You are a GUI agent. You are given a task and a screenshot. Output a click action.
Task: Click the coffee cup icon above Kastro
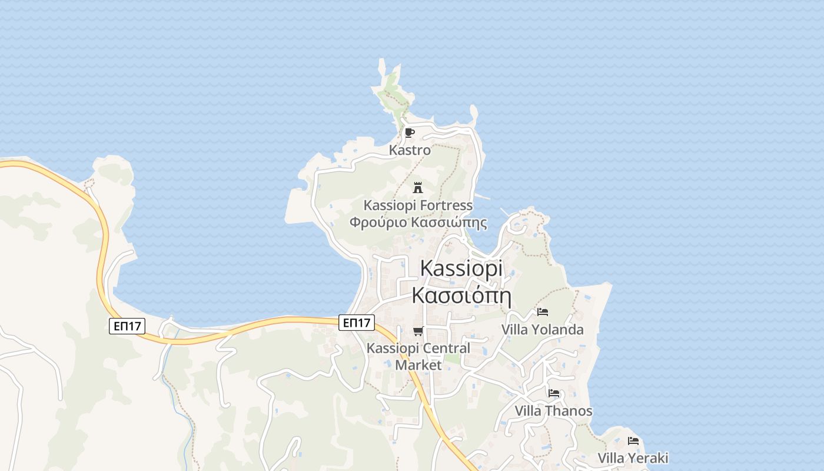(410, 132)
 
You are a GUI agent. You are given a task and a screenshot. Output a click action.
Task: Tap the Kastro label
(410, 150)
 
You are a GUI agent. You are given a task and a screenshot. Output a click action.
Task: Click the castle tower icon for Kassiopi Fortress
(418, 188)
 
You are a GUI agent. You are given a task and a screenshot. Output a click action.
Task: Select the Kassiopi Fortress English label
(418, 205)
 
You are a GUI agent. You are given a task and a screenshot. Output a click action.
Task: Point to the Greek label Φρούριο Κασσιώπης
(418, 223)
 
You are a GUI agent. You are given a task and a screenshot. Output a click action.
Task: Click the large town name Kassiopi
(461, 268)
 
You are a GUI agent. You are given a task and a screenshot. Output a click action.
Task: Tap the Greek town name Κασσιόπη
(461, 295)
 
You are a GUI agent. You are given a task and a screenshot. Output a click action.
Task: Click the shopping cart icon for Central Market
(418, 331)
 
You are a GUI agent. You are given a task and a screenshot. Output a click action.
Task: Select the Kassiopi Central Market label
(418, 356)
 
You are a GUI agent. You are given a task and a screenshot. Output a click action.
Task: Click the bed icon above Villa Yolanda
(542, 311)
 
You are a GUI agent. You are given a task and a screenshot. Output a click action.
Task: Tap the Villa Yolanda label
(542, 330)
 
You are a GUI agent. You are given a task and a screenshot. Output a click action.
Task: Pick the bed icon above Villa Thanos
(553, 393)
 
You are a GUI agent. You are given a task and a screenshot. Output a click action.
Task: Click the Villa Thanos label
(553, 411)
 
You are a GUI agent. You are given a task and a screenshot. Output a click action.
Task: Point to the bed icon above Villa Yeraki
(633, 440)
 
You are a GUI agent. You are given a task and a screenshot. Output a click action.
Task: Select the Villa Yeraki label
(633, 458)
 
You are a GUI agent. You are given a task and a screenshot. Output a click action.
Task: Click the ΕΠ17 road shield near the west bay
(127, 326)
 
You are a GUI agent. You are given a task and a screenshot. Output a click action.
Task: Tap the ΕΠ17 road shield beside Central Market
(357, 322)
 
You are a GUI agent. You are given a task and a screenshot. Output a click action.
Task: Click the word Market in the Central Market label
(418, 365)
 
